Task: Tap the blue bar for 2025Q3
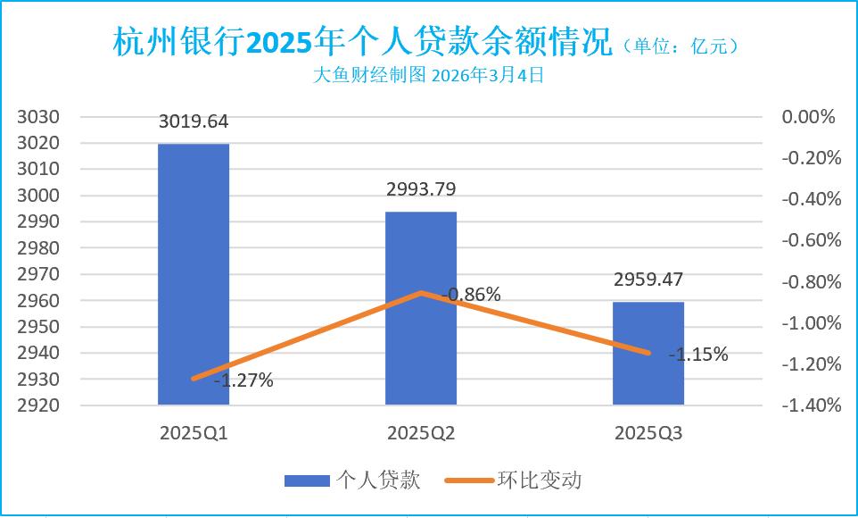pos(648,354)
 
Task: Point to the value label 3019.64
pos(194,121)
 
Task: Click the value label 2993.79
pos(421,188)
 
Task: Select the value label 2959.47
pos(648,280)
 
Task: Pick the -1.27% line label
pos(243,381)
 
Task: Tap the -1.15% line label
pos(698,355)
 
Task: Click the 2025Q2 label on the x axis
pos(421,434)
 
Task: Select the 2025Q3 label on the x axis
pos(648,434)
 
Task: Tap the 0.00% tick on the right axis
pos(807,117)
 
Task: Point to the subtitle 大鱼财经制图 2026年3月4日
pos(429,76)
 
